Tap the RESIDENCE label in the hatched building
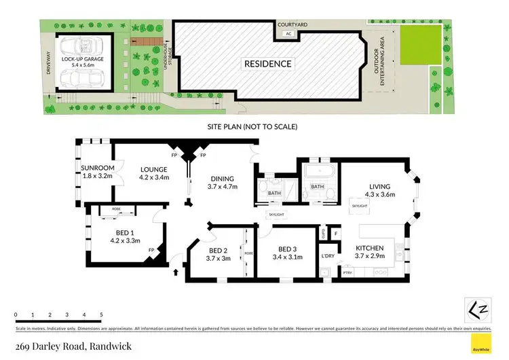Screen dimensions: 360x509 point(268,64)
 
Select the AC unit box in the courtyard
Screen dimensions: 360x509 point(288,33)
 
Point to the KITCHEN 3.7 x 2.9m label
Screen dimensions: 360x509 point(370,252)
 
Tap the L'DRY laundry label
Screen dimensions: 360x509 point(328,256)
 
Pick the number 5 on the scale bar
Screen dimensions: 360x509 point(101,315)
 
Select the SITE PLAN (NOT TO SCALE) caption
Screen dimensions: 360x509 point(252,126)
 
